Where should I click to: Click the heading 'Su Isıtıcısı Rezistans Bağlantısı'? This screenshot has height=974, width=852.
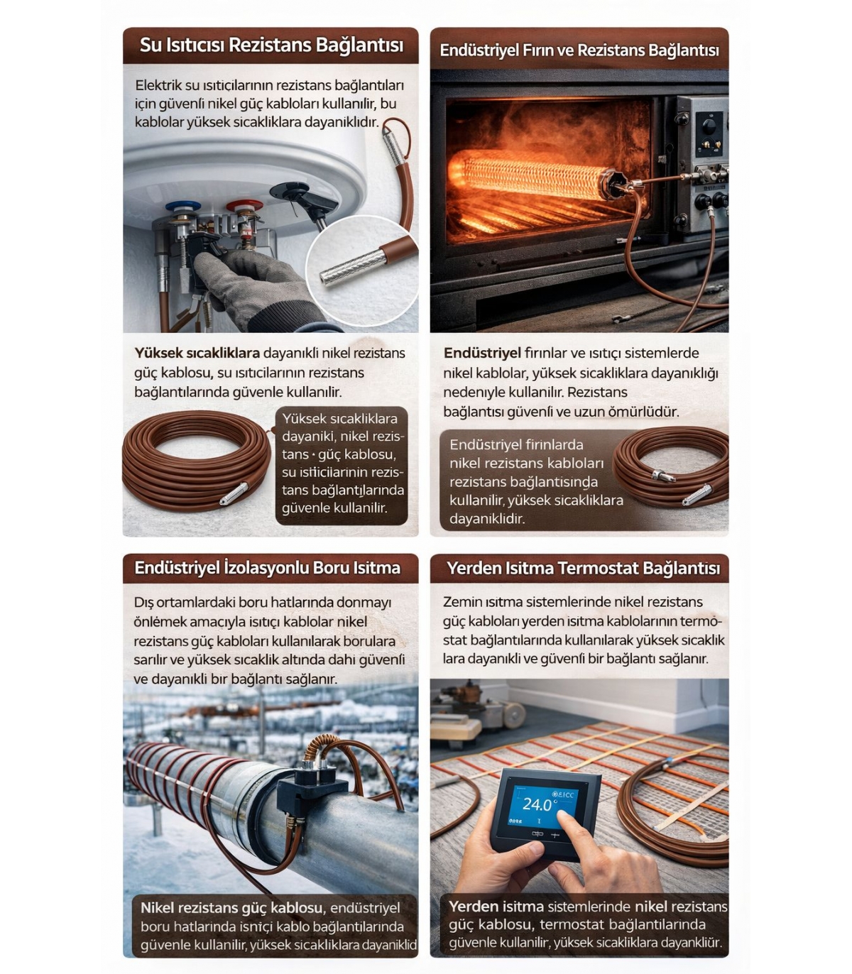271,45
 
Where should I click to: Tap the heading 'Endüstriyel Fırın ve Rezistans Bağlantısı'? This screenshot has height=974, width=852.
579,50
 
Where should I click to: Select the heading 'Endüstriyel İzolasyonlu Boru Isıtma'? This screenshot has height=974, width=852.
267,567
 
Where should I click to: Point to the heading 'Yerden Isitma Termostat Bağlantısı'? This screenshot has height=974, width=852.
583,568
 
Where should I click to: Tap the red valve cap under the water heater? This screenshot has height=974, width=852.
244,206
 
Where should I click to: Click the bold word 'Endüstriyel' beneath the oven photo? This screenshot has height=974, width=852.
482,353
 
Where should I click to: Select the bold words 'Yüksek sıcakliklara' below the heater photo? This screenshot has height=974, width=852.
197,353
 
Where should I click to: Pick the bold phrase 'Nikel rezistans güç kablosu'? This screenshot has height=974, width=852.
231,908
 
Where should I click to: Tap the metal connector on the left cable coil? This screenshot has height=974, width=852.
234,493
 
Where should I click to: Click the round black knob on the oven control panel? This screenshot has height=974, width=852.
709,126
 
